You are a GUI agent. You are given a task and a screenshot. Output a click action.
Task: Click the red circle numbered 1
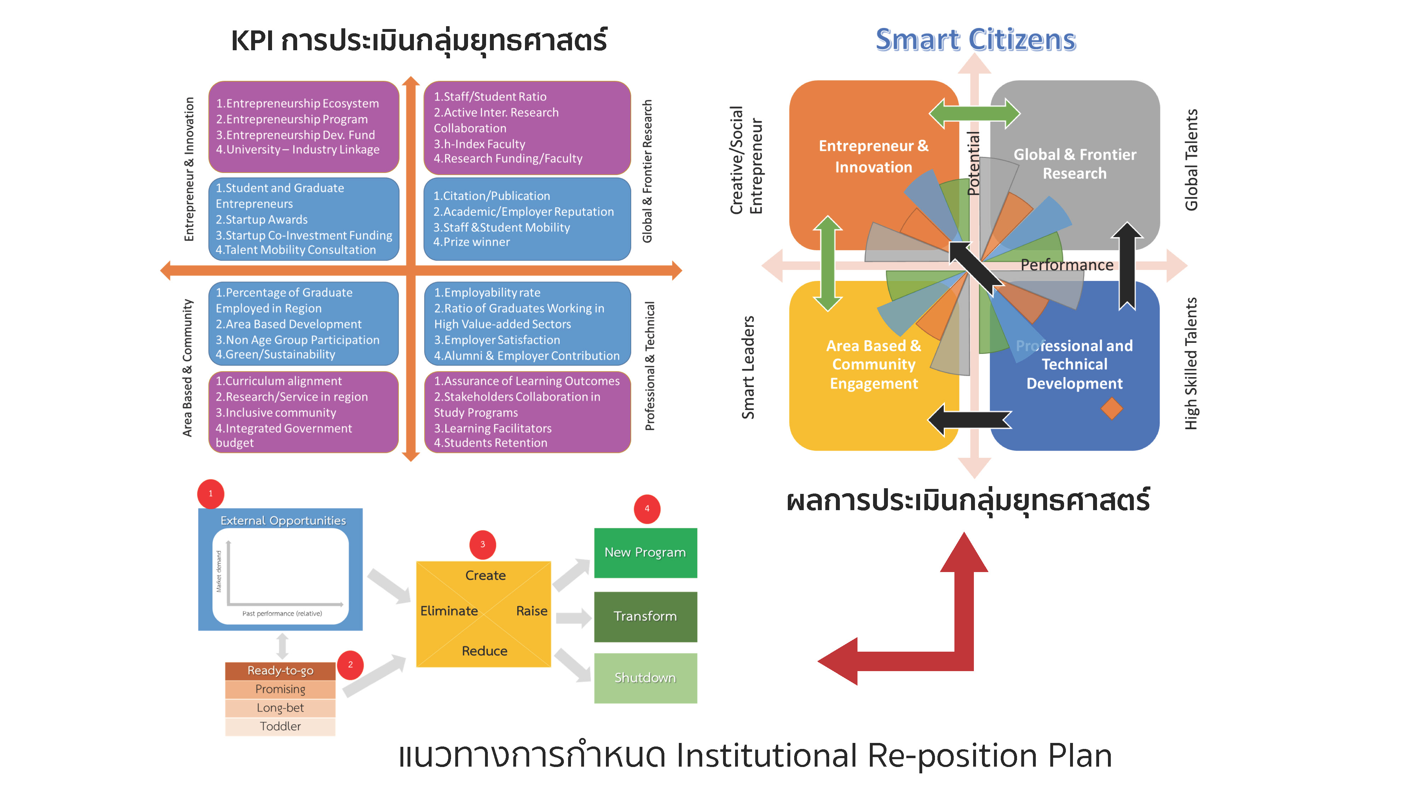click(x=210, y=493)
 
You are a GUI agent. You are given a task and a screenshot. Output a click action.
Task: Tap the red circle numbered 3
click(x=482, y=544)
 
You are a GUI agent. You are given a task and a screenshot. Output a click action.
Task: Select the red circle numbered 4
click(x=647, y=509)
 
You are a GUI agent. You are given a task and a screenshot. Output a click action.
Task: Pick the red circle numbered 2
click(x=350, y=665)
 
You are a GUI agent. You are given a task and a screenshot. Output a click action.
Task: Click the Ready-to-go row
click(x=280, y=671)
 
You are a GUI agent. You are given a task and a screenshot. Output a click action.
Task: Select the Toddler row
click(x=280, y=726)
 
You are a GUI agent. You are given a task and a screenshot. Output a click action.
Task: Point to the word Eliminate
click(x=449, y=611)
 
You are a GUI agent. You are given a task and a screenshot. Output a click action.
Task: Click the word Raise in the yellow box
click(x=531, y=611)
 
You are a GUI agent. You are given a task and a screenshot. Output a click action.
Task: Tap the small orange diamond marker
click(x=1111, y=409)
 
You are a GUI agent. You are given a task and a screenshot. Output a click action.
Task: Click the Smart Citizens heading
click(x=975, y=40)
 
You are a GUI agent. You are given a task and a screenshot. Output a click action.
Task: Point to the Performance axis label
click(x=1066, y=265)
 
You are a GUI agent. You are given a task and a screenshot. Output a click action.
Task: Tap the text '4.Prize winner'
click(x=471, y=242)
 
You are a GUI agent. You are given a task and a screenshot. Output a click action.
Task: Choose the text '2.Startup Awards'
click(x=261, y=220)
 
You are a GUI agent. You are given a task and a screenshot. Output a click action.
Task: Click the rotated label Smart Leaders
click(x=748, y=367)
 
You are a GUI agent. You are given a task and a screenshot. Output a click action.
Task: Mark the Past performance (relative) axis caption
click(x=282, y=613)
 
